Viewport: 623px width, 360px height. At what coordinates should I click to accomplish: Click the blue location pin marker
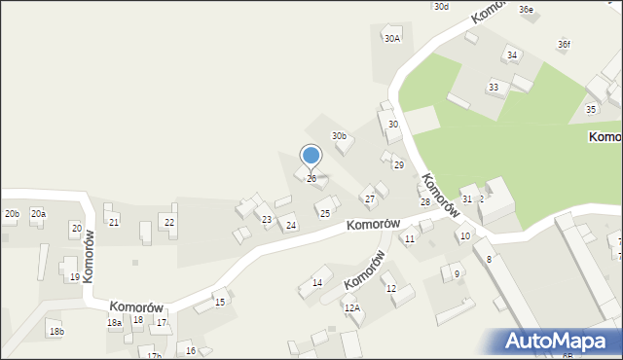311,156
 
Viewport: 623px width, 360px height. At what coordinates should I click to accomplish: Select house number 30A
392,39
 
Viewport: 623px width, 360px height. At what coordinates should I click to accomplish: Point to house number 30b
339,136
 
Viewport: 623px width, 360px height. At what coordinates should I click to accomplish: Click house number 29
398,165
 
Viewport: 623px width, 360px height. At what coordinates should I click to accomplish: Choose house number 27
370,199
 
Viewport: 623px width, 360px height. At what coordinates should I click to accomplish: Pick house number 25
325,213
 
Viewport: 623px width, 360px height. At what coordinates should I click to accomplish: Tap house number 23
266,220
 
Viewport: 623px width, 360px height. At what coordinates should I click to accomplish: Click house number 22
169,223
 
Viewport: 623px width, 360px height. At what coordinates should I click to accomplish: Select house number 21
114,223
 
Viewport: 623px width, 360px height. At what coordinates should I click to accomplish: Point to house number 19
75,277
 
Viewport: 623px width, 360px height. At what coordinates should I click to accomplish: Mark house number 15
220,303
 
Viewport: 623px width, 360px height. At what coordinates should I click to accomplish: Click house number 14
316,283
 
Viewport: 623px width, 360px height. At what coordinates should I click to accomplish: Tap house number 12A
351,307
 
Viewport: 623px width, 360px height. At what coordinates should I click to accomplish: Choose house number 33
494,88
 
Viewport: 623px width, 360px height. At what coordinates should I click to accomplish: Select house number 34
512,55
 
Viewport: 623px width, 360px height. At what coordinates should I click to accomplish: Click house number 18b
56,332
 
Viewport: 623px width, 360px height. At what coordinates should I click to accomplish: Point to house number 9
457,274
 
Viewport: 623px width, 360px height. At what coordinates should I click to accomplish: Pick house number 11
410,238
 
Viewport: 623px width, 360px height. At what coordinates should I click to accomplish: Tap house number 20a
38,213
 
